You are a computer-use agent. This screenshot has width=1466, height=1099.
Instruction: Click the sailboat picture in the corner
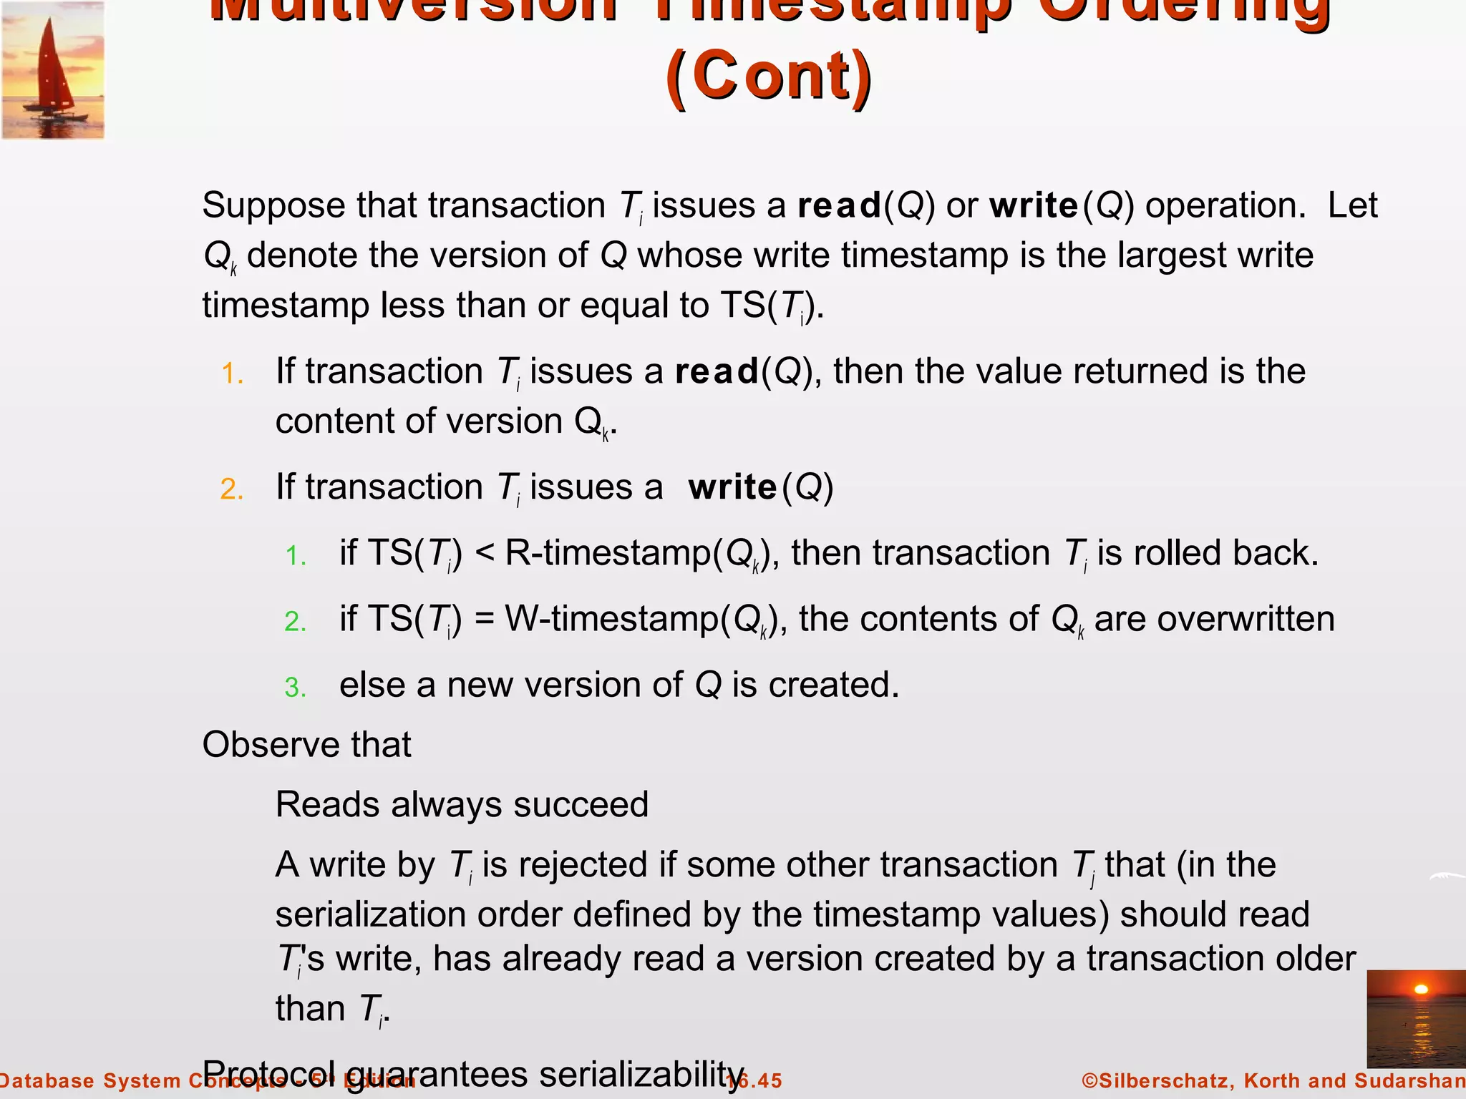tap(53, 70)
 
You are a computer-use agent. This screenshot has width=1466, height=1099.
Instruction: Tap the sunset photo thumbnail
tap(1416, 1019)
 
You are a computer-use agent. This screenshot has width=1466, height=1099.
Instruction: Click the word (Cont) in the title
tap(769, 76)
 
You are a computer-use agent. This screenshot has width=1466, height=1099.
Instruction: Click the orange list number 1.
tap(233, 373)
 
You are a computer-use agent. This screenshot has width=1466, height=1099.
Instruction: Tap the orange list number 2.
tap(233, 489)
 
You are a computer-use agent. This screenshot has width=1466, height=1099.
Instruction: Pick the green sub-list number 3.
tap(295, 688)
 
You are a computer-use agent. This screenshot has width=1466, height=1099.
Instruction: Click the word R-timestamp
tap(608, 553)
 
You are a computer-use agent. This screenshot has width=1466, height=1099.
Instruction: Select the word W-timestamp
tap(612, 619)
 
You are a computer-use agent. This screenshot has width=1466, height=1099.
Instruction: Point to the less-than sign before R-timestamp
tap(484, 553)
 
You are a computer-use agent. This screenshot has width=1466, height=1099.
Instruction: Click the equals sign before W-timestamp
tap(484, 619)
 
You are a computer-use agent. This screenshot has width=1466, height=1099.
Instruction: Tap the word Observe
tap(262, 745)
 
